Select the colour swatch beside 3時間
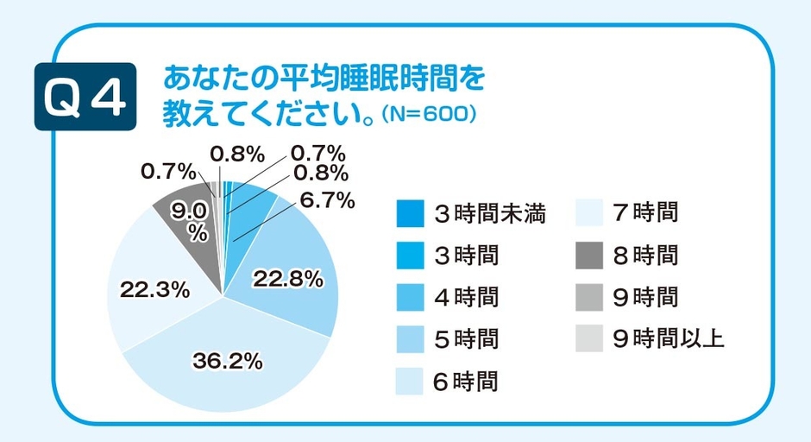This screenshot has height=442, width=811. click(x=410, y=256)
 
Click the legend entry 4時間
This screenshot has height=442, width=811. click(x=465, y=298)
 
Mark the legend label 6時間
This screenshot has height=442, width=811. click(x=465, y=382)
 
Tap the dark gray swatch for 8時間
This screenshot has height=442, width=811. click(x=590, y=256)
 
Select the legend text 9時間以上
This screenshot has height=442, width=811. click(x=668, y=339)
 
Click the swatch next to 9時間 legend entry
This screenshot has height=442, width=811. click(x=590, y=298)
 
